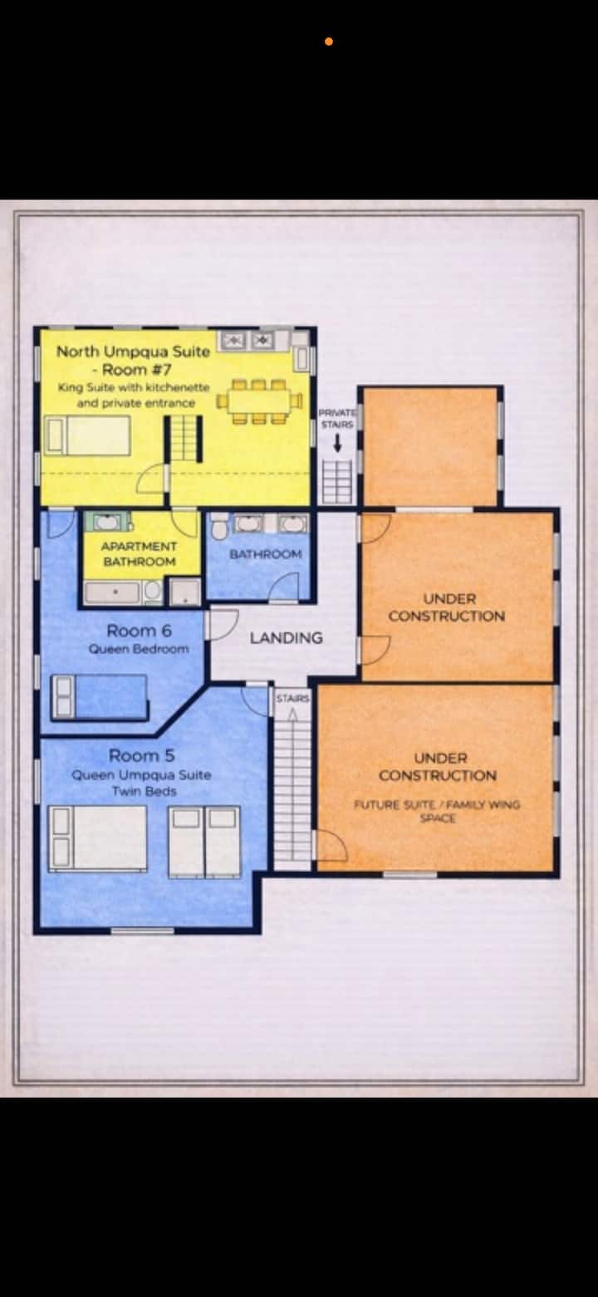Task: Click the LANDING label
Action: pyautogui.click(x=286, y=637)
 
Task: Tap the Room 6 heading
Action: pyautogui.click(x=139, y=631)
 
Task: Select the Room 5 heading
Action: pyautogui.click(x=141, y=755)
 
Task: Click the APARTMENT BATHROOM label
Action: pyautogui.click(x=139, y=554)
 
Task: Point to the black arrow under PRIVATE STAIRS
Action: pyautogui.click(x=337, y=443)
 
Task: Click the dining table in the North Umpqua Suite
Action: pyautogui.click(x=259, y=400)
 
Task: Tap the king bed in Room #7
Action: pyautogui.click(x=88, y=435)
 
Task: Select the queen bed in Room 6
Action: pyautogui.click(x=99, y=696)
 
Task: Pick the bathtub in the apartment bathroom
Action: pyautogui.click(x=112, y=592)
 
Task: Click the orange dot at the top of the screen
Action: pyautogui.click(x=329, y=42)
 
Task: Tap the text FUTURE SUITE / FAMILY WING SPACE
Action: pyautogui.click(x=437, y=811)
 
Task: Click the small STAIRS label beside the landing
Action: pyautogui.click(x=293, y=699)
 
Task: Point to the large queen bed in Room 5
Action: pyautogui.click(x=97, y=838)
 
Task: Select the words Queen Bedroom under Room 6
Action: pyautogui.click(x=139, y=649)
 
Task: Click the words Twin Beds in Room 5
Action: pyautogui.click(x=145, y=791)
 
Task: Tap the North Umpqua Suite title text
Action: pyautogui.click(x=133, y=351)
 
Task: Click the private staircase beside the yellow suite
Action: pyautogui.click(x=337, y=481)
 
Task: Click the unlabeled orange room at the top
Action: pyautogui.click(x=430, y=446)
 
